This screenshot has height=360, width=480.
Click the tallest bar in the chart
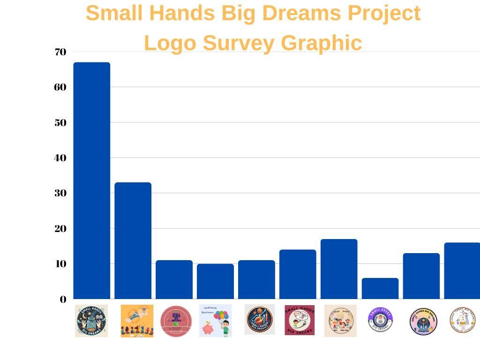(92, 180)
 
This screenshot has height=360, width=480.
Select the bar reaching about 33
(133, 240)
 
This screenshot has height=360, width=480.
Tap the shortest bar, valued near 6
(380, 288)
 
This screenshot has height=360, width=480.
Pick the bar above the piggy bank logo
(215, 281)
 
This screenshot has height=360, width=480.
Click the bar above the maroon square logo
(298, 274)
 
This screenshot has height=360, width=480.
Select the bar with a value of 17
(339, 269)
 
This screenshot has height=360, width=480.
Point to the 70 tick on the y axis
(60, 52)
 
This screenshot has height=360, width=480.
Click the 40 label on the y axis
(60, 158)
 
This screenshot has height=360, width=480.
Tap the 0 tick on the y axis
(63, 300)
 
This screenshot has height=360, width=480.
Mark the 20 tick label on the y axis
(60, 229)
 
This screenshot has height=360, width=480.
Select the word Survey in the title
(239, 43)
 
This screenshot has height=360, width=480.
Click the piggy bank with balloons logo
(216, 321)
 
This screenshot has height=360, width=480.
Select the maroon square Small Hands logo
(300, 320)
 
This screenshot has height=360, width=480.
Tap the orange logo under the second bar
(137, 321)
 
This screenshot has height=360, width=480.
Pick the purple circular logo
(380, 320)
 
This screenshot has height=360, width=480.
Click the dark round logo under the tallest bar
(91, 321)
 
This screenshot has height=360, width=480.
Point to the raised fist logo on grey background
(260, 320)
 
